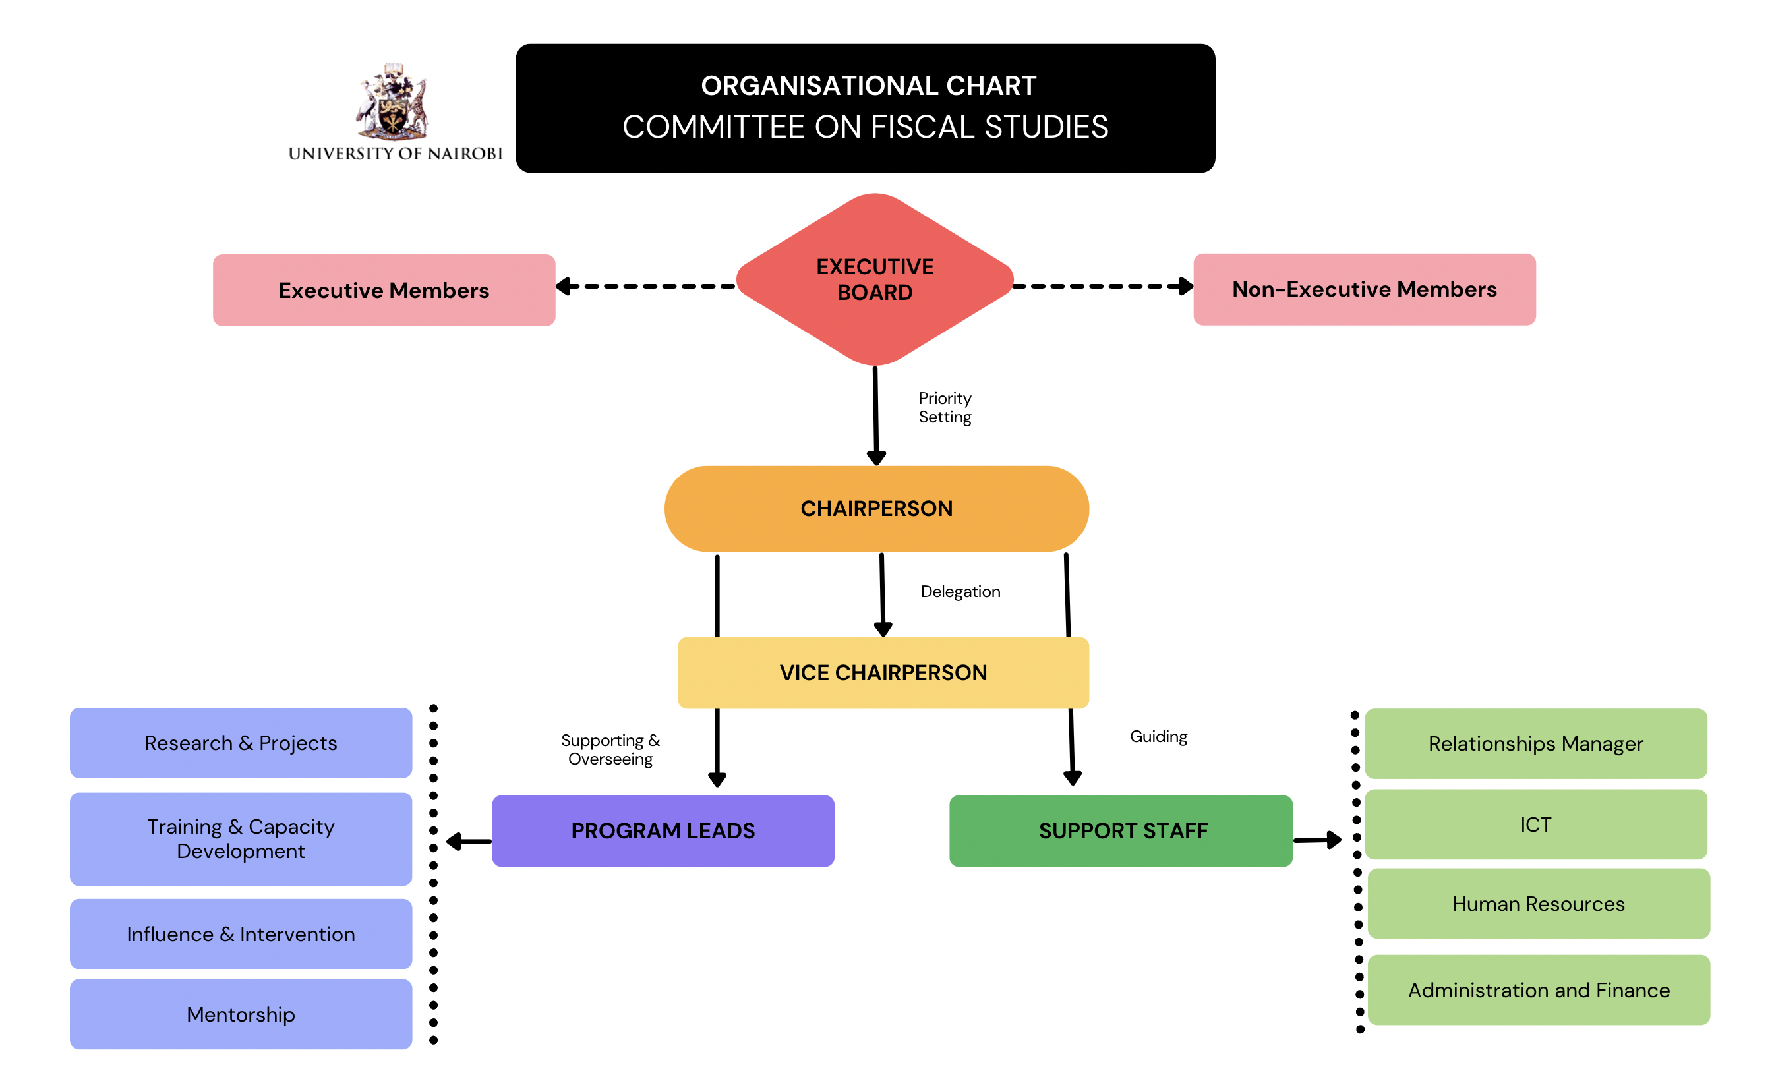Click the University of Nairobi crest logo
392,102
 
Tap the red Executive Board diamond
875,279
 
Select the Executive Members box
384,291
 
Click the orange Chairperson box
876,509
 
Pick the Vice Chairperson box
883,673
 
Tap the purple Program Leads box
663,831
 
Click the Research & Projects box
241,743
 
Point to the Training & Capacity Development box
241,839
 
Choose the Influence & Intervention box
241,934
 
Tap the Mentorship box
241,1014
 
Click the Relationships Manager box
1535,744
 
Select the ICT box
1535,824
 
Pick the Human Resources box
1538,904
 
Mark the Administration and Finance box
1538,990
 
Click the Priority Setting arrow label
945,407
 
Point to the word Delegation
960,592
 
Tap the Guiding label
1158,737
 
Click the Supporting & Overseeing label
610,750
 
